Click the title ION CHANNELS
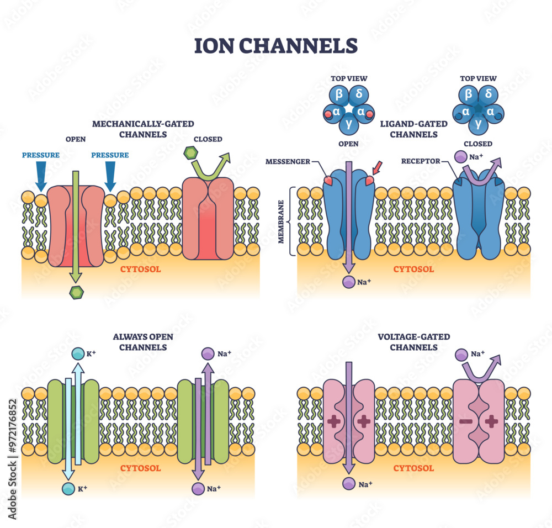275,45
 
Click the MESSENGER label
288,161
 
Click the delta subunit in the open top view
359,94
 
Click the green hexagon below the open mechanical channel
75,293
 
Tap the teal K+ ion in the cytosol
68,488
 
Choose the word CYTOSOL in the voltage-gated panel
413,468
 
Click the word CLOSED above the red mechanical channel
208,139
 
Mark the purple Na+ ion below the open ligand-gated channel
349,282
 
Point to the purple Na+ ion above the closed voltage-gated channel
461,354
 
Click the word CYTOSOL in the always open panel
141,468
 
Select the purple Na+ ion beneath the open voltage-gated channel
349,484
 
